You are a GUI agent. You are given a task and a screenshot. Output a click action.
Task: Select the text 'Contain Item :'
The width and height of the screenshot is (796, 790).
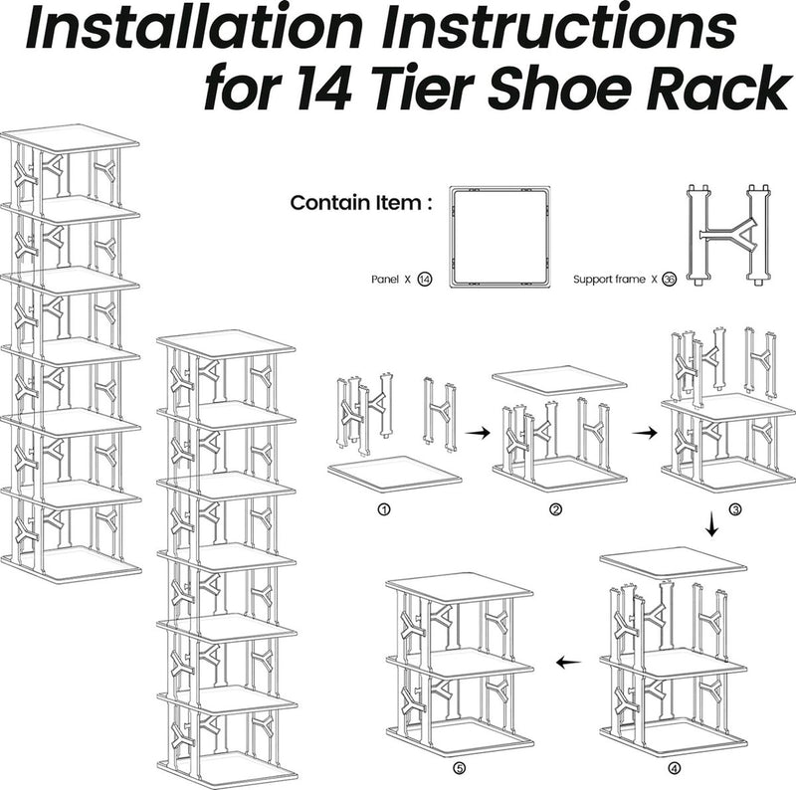(x=361, y=203)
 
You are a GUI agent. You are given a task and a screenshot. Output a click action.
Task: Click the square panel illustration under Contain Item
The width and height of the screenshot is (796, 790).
(x=499, y=236)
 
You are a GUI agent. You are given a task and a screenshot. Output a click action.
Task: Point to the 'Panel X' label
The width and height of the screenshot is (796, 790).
(x=388, y=280)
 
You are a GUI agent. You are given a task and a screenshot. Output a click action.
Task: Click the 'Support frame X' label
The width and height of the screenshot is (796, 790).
(x=616, y=280)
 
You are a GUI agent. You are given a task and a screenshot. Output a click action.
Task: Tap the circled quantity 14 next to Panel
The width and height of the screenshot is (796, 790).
(x=425, y=280)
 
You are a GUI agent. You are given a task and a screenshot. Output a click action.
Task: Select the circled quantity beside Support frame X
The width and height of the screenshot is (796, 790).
(x=669, y=280)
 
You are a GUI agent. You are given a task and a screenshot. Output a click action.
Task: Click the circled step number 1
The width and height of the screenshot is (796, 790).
(x=383, y=509)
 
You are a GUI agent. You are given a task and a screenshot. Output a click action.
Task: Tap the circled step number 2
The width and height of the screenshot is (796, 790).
(x=555, y=509)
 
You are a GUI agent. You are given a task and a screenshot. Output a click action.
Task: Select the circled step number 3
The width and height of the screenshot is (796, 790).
(x=735, y=509)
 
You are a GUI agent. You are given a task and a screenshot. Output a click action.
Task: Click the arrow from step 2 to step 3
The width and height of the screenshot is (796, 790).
(x=646, y=433)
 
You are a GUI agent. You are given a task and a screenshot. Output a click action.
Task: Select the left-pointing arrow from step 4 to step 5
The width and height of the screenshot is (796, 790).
(x=568, y=662)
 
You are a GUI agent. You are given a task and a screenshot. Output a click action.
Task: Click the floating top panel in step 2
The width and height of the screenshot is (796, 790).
(x=559, y=380)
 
